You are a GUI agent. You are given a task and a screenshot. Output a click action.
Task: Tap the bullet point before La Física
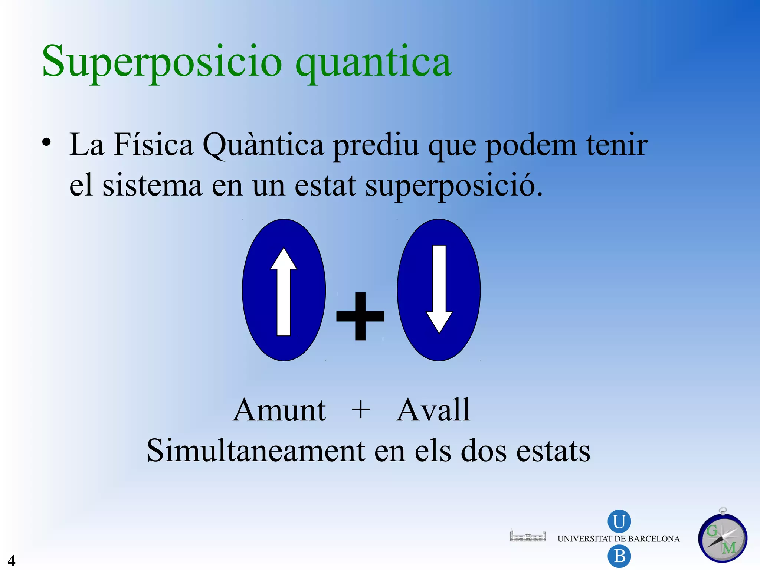click(x=46, y=142)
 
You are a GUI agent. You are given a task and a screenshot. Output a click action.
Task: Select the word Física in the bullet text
click(x=153, y=145)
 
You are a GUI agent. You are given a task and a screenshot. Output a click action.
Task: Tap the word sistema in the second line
click(x=152, y=185)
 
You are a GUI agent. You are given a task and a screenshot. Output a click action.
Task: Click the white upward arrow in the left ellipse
click(x=284, y=291)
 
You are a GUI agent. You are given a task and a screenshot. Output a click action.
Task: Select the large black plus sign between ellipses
click(x=360, y=316)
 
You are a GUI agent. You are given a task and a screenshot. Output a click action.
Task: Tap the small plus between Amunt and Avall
click(x=360, y=410)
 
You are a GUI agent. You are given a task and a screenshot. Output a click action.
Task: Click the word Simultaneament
click(x=256, y=451)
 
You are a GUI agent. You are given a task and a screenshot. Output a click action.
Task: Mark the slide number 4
click(x=12, y=560)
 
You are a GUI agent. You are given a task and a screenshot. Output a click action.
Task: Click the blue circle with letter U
click(x=619, y=521)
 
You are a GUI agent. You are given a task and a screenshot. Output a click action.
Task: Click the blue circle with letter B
click(x=619, y=556)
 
